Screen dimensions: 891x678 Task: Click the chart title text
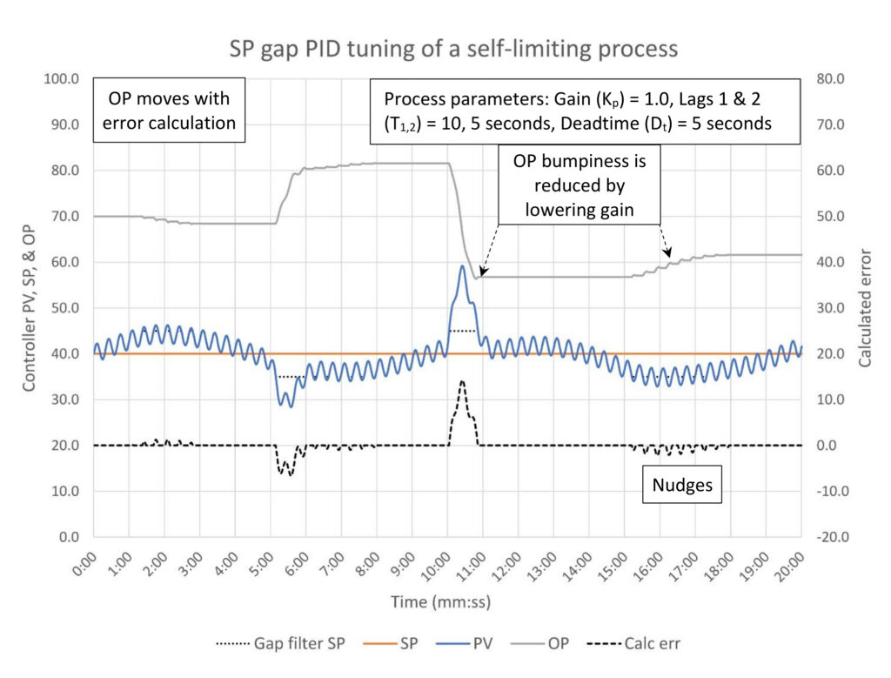(453, 49)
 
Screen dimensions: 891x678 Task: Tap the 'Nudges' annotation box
(682, 485)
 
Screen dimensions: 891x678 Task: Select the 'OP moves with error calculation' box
(169, 111)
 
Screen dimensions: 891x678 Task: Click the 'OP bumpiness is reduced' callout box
(579, 185)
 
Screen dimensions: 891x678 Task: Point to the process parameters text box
(585, 111)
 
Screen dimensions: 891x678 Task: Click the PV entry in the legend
(465, 643)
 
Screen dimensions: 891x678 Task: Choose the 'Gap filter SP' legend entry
(281, 643)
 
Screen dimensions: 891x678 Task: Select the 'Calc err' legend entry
(633, 643)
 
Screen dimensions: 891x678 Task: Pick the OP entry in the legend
(539, 643)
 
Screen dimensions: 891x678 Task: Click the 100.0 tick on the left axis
(62, 78)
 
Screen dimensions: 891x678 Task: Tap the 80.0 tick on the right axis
(830, 78)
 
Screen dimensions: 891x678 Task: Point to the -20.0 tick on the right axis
(833, 537)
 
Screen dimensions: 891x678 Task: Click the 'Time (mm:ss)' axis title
(440, 602)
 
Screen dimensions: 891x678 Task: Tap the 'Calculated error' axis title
(865, 307)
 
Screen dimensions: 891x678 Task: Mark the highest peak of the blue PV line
(463, 265)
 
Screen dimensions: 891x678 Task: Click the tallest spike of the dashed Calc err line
(462, 380)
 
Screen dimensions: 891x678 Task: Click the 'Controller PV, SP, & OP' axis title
(29, 309)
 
